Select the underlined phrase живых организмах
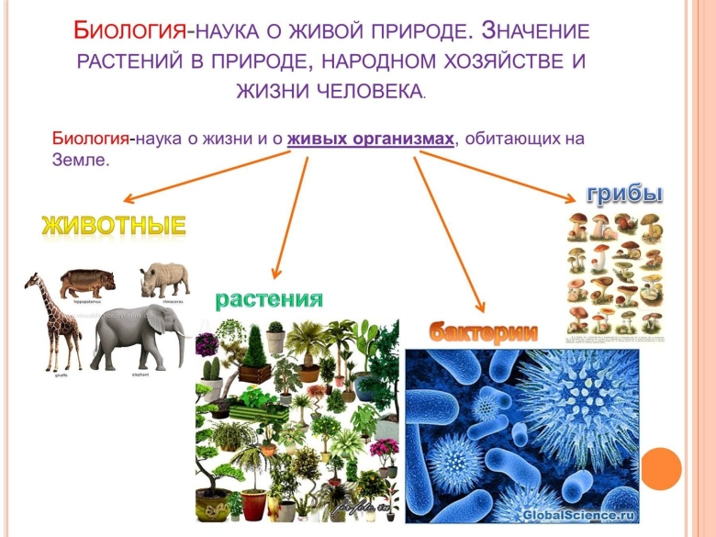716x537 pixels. tap(371, 139)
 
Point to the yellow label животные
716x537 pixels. tap(114, 225)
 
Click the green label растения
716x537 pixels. tap(269, 298)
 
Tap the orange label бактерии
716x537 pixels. tap(483, 332)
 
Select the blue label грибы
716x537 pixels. tap(624, 194)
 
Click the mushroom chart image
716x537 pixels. tap(614, 275)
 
